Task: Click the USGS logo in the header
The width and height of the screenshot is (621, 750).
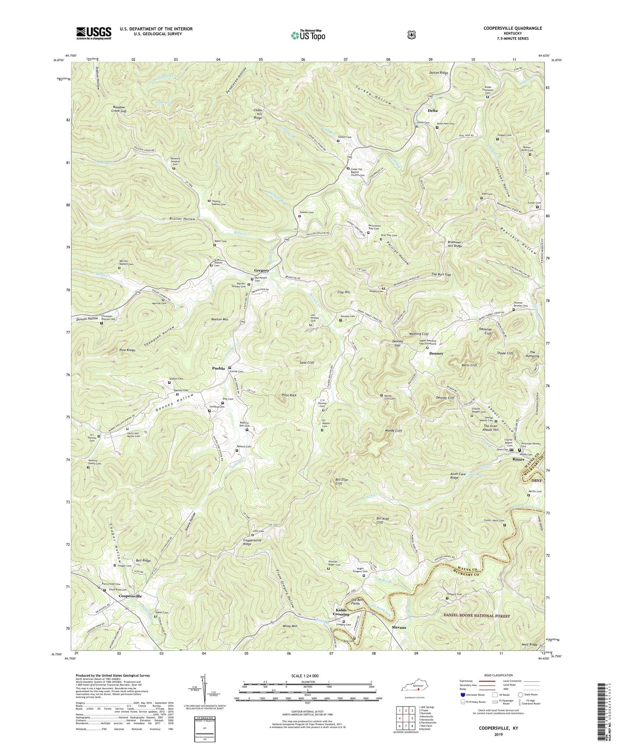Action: [x=94, y=33]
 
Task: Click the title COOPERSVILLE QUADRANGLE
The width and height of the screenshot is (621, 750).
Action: [x=513, y=28]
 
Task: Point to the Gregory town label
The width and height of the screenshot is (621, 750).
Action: [x=262, y=271]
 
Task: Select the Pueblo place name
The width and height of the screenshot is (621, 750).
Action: [x=218, y=368]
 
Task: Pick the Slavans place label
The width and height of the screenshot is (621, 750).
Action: [x=399, y=627]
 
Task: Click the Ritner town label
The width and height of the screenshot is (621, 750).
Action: [x=518, y=459]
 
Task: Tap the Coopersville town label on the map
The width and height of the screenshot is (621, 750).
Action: [x=130, y=596]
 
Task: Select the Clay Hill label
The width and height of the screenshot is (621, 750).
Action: [x=344, y=292]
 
